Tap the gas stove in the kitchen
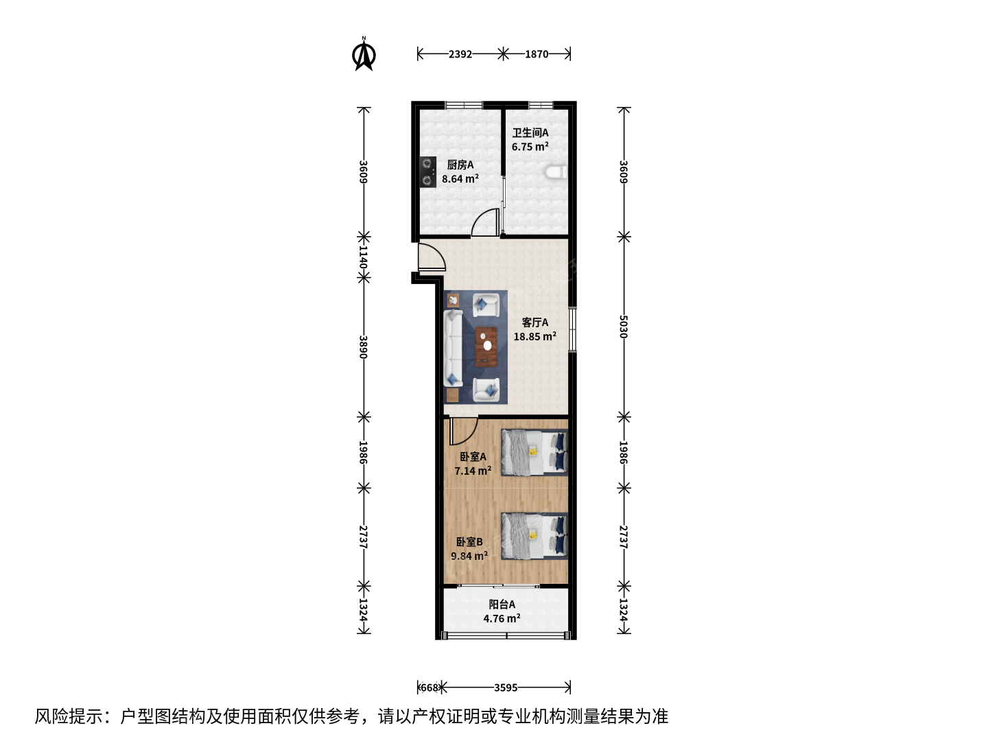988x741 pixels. (428, 172)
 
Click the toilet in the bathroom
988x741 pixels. (557, 172)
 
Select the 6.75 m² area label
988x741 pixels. (530, 147)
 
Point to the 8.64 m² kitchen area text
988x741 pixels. (460, 178)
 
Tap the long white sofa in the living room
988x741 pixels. (454, 349)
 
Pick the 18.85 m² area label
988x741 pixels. (534, 336)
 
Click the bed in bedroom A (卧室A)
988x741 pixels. (534, 452)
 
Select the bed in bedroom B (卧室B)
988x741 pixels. (534, 537)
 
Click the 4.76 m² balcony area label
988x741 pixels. (502, 619)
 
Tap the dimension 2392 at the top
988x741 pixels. (460, 54)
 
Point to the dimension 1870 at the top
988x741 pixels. (537, 54)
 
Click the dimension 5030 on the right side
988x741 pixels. (624, 327)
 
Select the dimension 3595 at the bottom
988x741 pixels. (506, 688)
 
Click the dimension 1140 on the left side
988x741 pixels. (364, 257)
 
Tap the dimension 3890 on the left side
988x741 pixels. (364, 347)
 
